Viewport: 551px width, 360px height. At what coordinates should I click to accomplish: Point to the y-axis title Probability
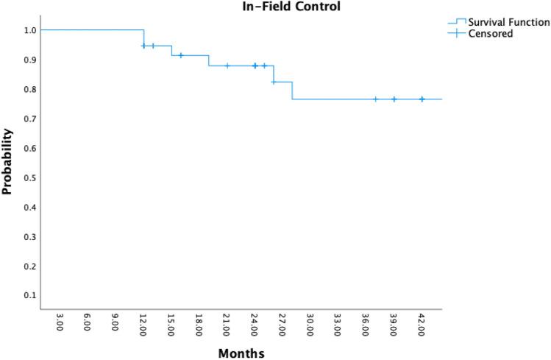pyautogui.click(x=8, y=161)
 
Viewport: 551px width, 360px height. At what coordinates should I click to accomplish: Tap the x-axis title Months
pyautogui.click(x=241, y=353)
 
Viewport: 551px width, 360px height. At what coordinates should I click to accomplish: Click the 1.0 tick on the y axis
pyautogui.click(x=28, y=30)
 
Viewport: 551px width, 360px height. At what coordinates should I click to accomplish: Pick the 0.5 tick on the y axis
pyautogui.click(x=28, y=177)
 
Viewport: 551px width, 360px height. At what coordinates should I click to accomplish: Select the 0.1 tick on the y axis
pyautogui.click(x=28, y=295)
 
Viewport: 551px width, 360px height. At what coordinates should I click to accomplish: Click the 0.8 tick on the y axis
pyautogui.click(x=28, y=89)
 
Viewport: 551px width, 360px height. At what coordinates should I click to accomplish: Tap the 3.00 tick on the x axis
pyautogui.click(x=60, y=325)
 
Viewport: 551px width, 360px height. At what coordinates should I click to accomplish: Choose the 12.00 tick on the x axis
pyautogui.click(x=143, y=325)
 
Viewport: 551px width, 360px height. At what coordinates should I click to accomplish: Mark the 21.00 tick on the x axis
pyautogui.click(x=227, y=325)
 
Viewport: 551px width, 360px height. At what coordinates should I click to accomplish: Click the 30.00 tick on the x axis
pyautogui.click(x=310, y=325)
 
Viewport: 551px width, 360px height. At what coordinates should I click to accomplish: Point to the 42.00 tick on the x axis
pyautogui.click(x=422, y=325)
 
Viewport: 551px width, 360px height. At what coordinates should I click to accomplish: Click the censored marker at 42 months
pyautogui.click(x=422, y=99)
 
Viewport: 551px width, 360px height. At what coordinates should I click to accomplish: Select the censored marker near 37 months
pyautogui.click(x=375, y=99)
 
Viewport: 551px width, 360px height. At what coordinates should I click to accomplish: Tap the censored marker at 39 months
pyautogui.click(x=394, y=99)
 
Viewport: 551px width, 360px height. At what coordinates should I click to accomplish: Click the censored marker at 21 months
pyautogui.click(x=227, y=66)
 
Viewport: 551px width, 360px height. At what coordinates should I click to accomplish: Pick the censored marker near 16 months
pyautogui.click(x=181, y=55)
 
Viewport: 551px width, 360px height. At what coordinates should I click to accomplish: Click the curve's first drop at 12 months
pyautogui.click(x=144, y=38)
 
